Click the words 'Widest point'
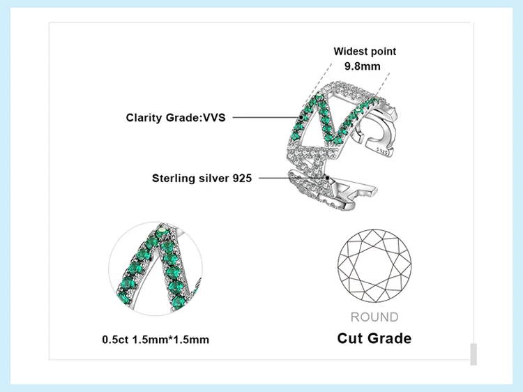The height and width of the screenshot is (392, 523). [x=365, y=52]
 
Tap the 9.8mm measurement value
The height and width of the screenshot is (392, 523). [x=362, y=66]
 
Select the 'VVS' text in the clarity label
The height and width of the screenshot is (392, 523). [x=214, y=117]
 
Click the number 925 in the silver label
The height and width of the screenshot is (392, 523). [x=242, y=178]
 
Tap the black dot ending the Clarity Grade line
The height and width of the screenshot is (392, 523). [x=301, y=117]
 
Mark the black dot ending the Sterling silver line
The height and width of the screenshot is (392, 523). [x=328, y=178]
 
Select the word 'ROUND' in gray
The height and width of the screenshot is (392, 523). [x=374, y=317]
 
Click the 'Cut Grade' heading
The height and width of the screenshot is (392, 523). [x=374, y=338]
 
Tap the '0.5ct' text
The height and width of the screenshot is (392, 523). [x=115, y=340]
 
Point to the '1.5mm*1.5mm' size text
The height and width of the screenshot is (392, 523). [x=171, y=340]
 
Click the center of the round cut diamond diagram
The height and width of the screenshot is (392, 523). [x=374, y=266]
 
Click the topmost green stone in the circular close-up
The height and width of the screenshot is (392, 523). [x=162, y=230]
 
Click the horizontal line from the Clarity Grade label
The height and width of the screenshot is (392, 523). [x=266, y=117]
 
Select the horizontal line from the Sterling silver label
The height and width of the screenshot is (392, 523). [x=292, y=178]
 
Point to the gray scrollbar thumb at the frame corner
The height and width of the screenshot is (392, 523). [x=473, y=354]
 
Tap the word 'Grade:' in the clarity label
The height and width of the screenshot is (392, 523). [x=184, y=118]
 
